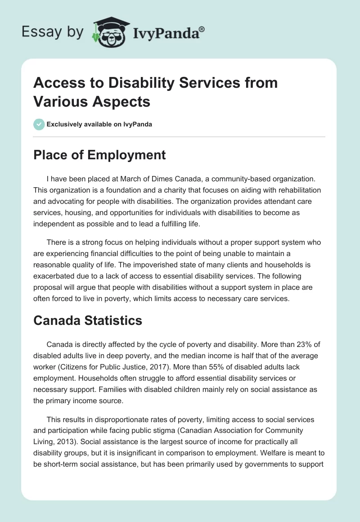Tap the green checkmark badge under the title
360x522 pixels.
[x=39, y=125]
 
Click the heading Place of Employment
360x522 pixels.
[x=99, y=155]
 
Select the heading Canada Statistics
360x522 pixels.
[x=88, y=320]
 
